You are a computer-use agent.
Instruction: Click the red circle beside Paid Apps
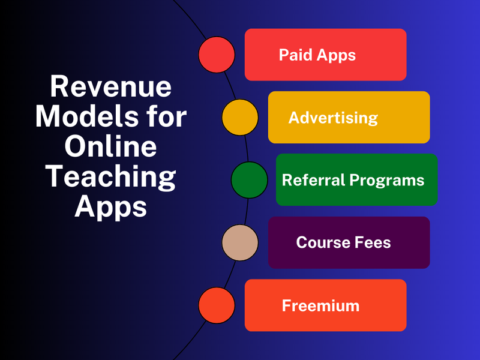click(x=217, y=55)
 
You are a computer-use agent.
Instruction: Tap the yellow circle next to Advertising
click(x=240, y=117)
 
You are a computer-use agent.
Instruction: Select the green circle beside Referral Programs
click(x=250, y=180)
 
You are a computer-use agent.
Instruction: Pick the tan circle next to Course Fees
click(x=240, y=242)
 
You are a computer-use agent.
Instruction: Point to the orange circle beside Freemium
click(x=217, y=305)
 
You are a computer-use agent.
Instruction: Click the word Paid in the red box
click(x=296, y=55)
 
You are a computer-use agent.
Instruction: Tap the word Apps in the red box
click(x=336, y=56)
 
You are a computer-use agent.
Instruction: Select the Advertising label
click(x=333, y=118)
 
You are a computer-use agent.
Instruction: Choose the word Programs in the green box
click(x=387, y=181)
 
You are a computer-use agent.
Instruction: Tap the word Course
click(x=322, y=242)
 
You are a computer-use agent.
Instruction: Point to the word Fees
click(x=372, y=242)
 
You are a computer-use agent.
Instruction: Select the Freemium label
click(x=320, y=305)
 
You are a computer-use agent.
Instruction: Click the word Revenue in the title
click(x=111, y=87)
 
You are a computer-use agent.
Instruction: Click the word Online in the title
click(x=111, y=146)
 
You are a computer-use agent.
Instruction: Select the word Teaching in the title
click(x=110, y=177)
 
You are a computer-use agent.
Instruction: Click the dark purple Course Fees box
click(x=349, y=242)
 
